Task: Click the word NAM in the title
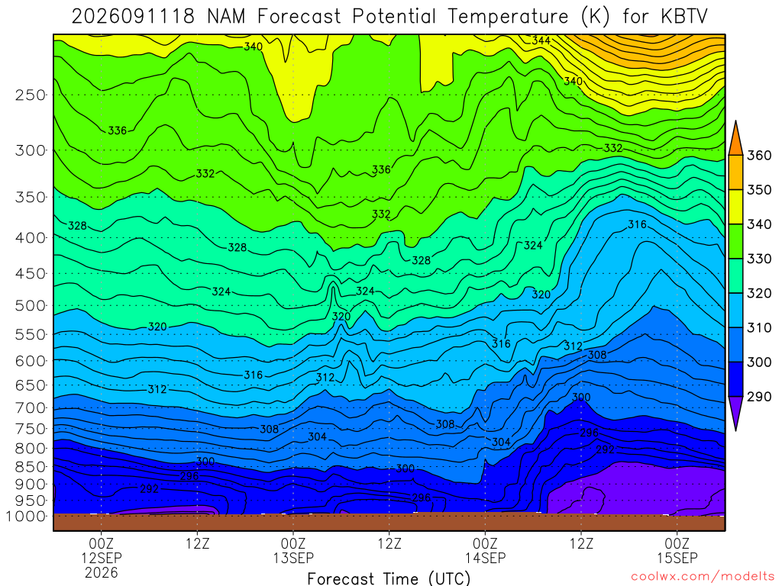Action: pos(226,17)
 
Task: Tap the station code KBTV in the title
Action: pos(683,17)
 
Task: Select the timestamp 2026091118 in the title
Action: pos(133,17)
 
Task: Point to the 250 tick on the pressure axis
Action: pos(31,95)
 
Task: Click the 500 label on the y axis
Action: pos(31,305)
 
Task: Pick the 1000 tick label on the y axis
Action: pos(26,517)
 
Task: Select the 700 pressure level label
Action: pos(31,408)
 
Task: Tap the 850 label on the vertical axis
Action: pos(31,467)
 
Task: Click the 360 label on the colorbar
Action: pos(759,156)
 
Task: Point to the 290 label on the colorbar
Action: pos(759,396)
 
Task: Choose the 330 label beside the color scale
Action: pos(759,259)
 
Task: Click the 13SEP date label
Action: pos(293,558)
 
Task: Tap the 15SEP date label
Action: pos(677,558)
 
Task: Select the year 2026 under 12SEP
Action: pos(102,573)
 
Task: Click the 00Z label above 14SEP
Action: pos(485,543)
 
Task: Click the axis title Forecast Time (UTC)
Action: pos(389,578)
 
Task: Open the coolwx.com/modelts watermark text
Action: pos(703,577)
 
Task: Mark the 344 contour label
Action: pos(541,40)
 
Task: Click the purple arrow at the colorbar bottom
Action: pos(735,413)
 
